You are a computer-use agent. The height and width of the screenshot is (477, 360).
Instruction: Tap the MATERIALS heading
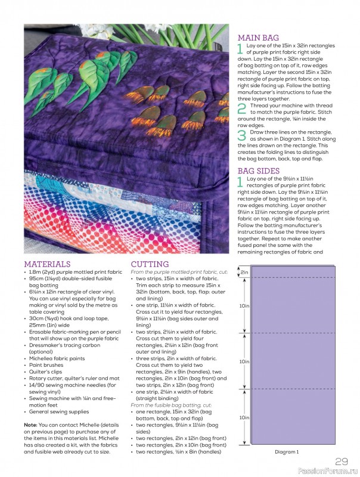click(47, 264)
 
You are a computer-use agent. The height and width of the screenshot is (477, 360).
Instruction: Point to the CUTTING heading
click(150, 264)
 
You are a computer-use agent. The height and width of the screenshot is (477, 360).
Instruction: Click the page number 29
click(342, 461)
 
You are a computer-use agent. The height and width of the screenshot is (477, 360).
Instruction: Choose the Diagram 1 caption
click(287, 452)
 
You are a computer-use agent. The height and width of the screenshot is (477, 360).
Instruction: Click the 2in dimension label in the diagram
click(244, 272)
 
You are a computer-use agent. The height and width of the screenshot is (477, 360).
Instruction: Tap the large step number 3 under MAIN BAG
click(241, 136)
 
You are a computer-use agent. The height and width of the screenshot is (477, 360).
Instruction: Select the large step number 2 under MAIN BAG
click(241, 109)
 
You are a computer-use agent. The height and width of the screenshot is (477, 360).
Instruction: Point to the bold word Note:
click(31, 425)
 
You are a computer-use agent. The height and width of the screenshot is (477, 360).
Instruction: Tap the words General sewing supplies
click(58, 412)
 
